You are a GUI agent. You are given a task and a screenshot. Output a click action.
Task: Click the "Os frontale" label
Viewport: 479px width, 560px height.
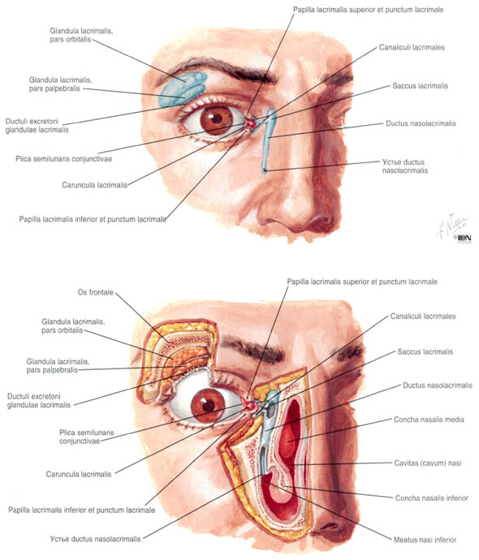tap(95, 292)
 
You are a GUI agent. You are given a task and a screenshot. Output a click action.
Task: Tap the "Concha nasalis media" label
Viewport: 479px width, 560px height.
tap(429, 420)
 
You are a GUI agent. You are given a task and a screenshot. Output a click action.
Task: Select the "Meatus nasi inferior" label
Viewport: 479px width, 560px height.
tap(425, 540)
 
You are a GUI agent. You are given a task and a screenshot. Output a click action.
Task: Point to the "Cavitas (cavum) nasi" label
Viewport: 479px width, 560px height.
tap(428, 463)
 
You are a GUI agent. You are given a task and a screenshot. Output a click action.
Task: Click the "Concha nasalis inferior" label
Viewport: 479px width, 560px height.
tap(431, 498)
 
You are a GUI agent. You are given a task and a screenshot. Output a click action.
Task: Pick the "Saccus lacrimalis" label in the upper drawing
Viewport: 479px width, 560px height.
tap(420, 86)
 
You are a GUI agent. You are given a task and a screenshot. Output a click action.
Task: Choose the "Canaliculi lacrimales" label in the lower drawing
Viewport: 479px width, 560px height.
tap(423, 316)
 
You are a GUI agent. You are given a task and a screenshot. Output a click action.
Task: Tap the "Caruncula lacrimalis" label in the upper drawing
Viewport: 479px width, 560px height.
tap(95, 185)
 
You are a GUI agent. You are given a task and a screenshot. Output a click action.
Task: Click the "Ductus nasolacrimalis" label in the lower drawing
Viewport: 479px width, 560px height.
tap(438, 386)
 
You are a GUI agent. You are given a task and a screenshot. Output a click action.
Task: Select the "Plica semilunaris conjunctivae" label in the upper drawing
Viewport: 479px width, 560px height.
tap(63, 158)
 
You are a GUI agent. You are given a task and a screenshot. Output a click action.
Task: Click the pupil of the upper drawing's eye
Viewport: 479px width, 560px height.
tap(217, 119)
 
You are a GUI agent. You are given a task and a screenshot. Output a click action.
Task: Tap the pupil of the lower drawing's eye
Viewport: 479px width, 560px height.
tap(209, 405)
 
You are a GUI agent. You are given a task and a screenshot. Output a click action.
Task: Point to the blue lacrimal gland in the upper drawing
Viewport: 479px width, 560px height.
tap(183, 89)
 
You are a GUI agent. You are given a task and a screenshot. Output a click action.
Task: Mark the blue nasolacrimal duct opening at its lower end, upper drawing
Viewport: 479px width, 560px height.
tap(265, 170)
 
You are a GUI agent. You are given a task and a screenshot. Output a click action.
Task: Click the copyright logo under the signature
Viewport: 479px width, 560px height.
tap(464, 239)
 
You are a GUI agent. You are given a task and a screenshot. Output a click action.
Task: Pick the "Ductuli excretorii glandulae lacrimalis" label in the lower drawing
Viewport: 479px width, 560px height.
tap(39, 401)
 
